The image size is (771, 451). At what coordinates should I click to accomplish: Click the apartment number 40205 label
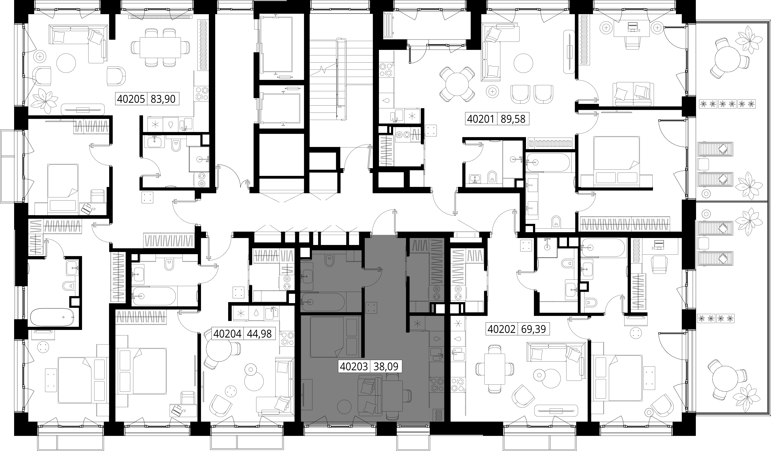(x=131, y=99)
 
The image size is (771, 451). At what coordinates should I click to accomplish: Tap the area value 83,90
(x=163, y=99)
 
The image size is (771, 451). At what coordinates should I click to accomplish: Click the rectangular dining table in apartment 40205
(x=160, y=47)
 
